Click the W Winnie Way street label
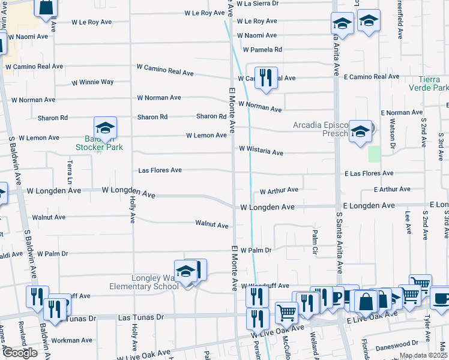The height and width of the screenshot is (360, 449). tap(92, 82)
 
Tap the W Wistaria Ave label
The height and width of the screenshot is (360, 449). tap(261, 150)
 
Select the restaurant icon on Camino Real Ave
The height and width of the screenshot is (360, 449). tap(266, 78)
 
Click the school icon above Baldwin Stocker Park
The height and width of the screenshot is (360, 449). tap(105, 128)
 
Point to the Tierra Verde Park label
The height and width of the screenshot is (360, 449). tap(433, 83)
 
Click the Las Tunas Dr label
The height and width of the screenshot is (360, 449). tap(141, 317)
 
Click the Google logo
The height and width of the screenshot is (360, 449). tap(20, 352)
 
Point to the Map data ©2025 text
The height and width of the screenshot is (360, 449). tap(423, 355)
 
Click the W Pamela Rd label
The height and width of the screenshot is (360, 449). tap(262, 49)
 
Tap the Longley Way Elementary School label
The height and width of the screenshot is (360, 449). tap(144, 282)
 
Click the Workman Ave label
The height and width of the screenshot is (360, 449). tap(72, 340)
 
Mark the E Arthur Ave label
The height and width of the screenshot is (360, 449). tap(392, 189)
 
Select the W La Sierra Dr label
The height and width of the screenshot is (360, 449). tap(258, 4)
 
